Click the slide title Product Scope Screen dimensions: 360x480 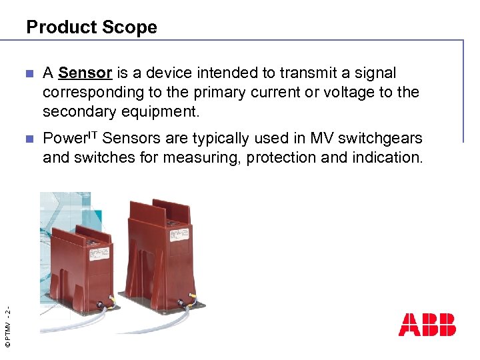click(x=91, y=27)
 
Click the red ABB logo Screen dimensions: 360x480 click(x=427, y=324)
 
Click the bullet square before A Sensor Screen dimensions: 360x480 click(x=27, y=73)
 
